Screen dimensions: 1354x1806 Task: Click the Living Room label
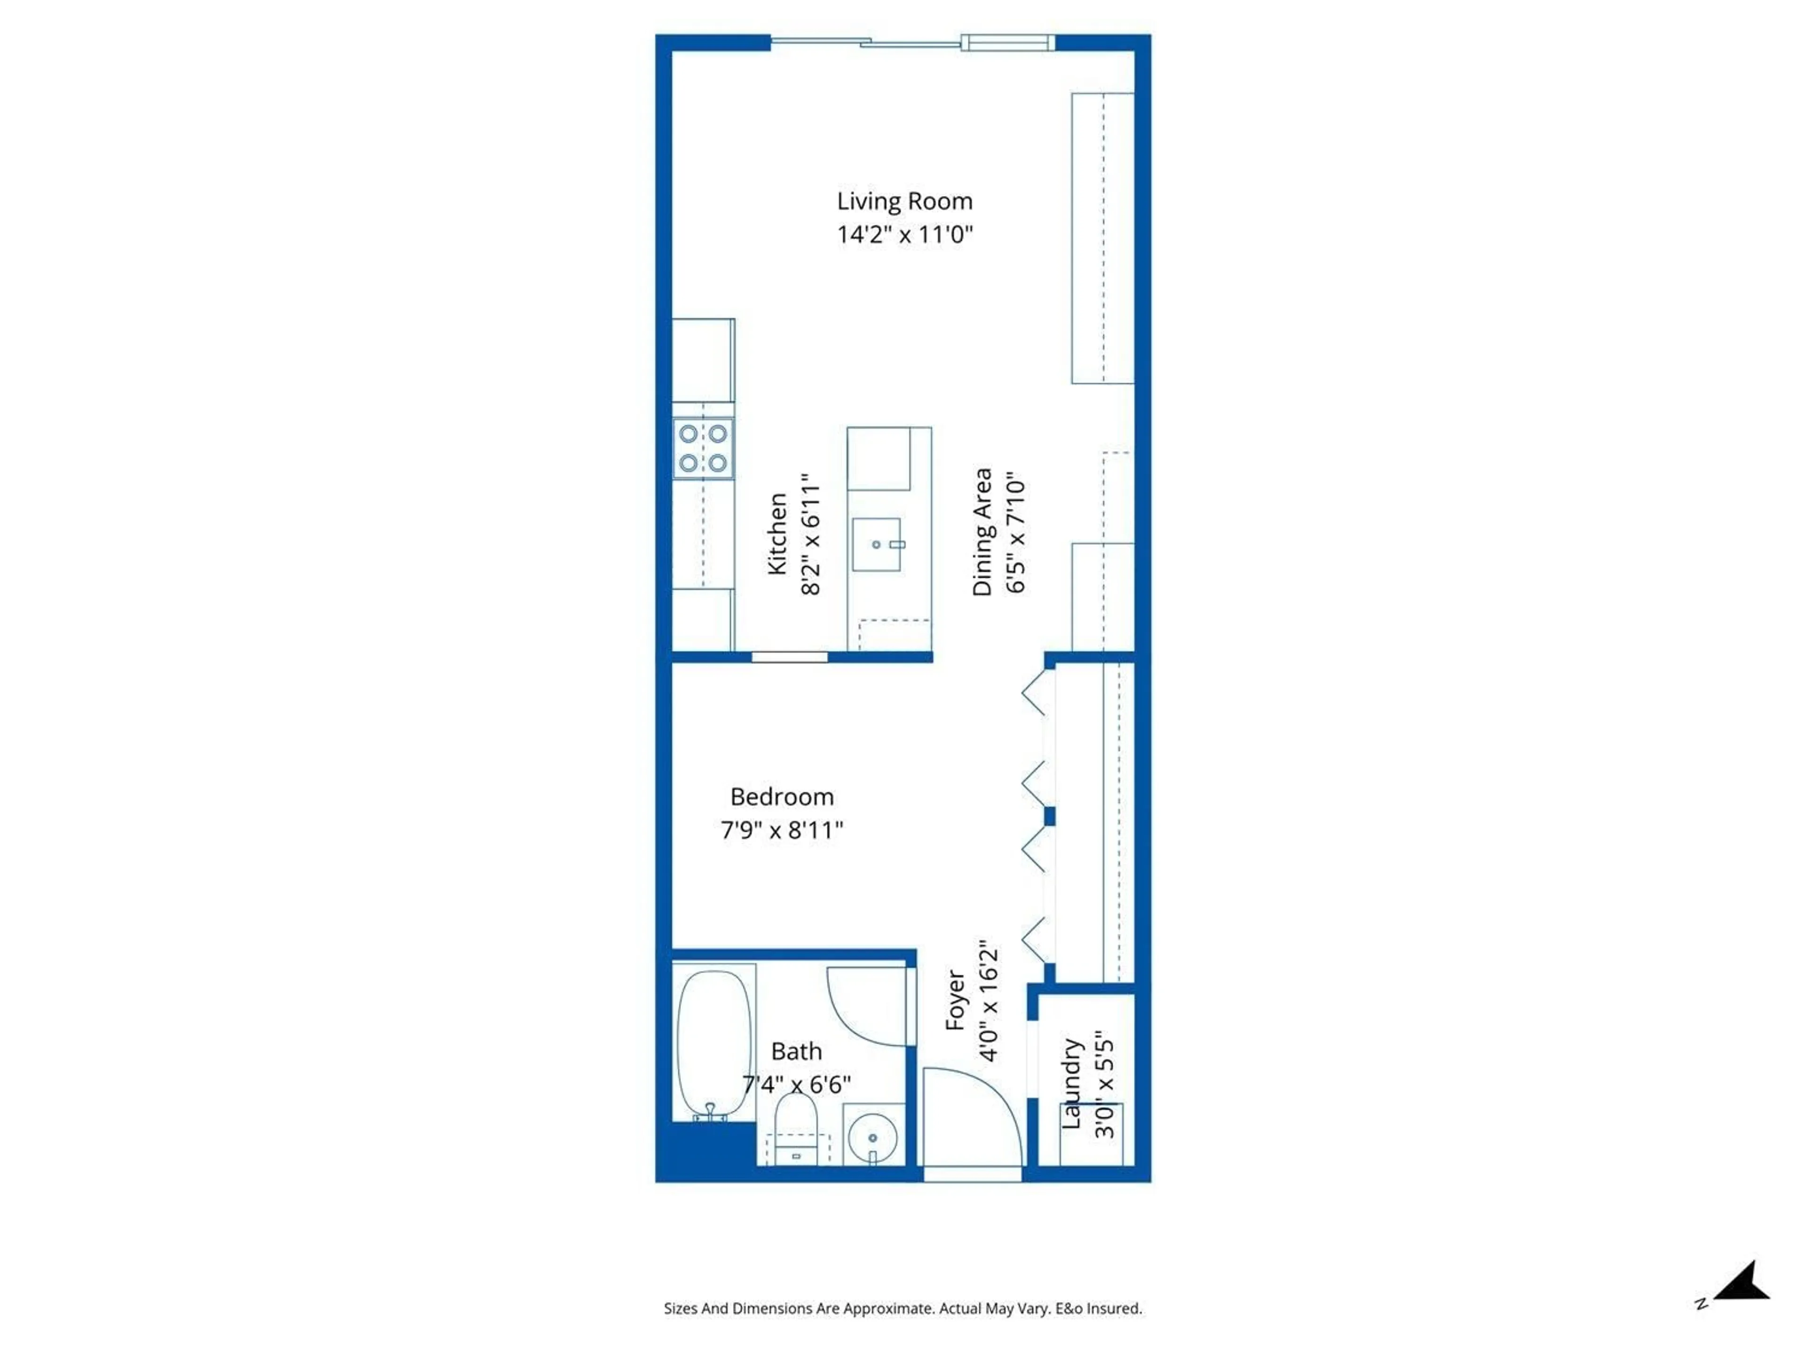(904, 201)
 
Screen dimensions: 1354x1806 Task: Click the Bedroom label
(781, 796)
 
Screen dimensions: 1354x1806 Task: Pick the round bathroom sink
(873, 1137)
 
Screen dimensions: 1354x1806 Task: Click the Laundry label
(1071, 1084)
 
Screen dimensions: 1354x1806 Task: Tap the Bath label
(796, 1051)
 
